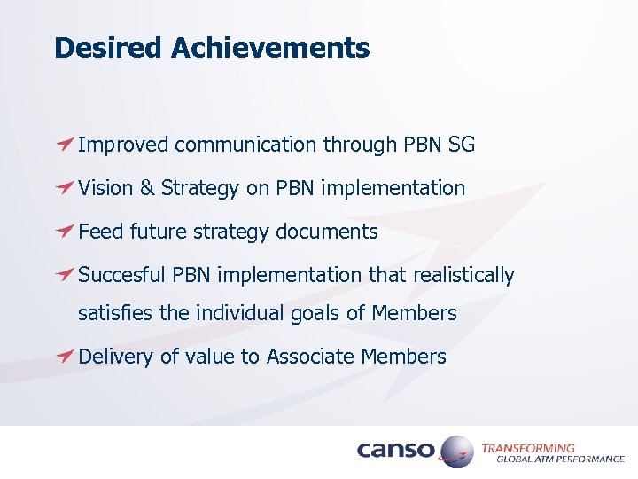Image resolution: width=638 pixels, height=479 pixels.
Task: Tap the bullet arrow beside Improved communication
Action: pos(63,144)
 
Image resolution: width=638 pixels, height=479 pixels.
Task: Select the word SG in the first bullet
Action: pos(462,144)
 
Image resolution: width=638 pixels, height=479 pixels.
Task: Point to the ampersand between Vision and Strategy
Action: pos(147,188)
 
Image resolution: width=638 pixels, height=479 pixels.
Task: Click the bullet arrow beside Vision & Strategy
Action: pos(63,188)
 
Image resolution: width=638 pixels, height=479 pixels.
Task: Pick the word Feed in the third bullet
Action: pos(100,232)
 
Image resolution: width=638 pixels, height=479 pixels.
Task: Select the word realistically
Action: pos(463,276)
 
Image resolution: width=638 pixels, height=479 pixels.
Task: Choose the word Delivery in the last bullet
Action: pos(116,357)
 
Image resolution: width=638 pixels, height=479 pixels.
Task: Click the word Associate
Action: pos(311,357)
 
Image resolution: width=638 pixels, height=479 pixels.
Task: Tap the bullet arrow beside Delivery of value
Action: pos(63,357)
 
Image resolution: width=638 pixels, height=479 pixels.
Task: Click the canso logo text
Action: pos(395,451)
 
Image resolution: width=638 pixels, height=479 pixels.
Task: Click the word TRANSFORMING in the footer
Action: pos(527,448)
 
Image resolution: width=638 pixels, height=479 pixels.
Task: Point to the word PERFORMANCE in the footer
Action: pos(590,459)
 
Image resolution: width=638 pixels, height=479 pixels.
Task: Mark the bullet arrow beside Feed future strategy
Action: pos(63,232)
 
